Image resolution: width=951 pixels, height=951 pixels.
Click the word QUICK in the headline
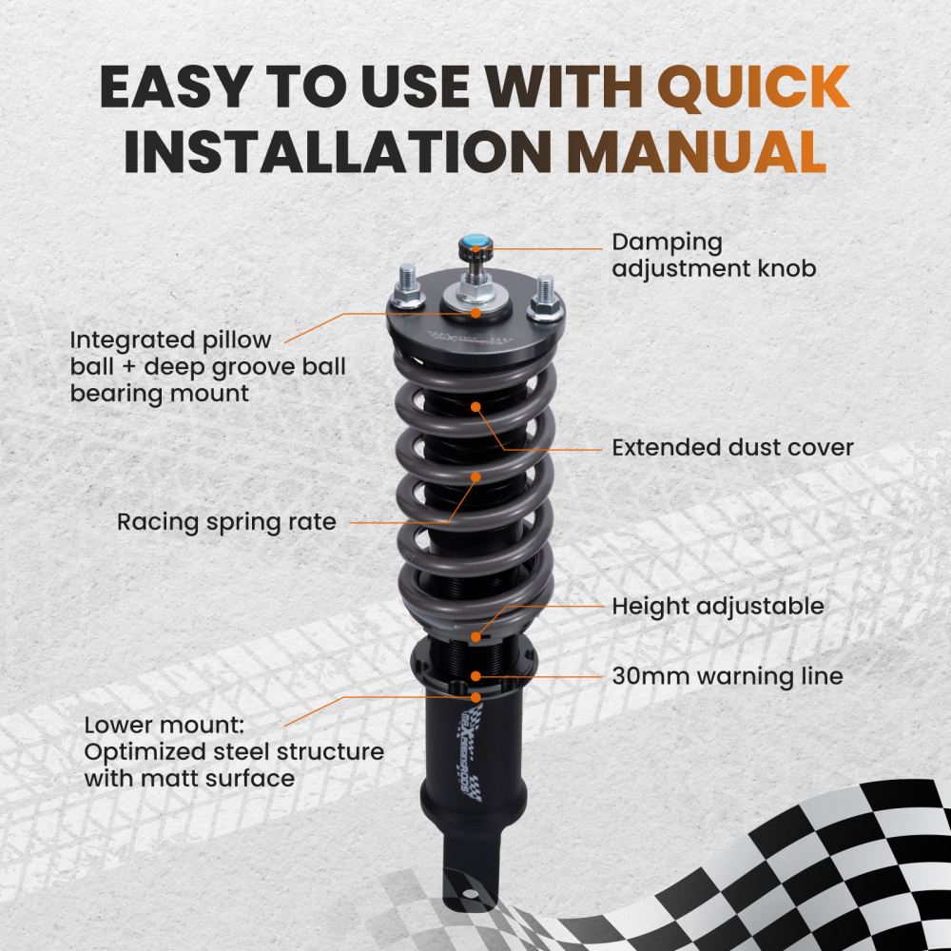tap(753, 87)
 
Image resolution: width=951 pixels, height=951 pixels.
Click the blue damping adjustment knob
tap(475, 243)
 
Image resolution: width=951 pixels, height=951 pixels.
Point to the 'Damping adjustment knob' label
tap(714, 255)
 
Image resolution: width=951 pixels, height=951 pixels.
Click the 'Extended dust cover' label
tap(732, 448)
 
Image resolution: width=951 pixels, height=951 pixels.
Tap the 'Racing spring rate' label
tap(226, 522)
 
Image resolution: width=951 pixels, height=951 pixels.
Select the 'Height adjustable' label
tap(718, 607)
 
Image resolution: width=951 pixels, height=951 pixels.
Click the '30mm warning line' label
tap(728, 676)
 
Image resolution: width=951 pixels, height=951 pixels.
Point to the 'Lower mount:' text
tap(165, 726)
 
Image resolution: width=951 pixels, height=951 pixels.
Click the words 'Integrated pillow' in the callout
tap(170, 340)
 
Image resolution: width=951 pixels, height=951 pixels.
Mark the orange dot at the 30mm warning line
tap(476, 676)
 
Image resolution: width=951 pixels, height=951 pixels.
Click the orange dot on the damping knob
tap(476, 248)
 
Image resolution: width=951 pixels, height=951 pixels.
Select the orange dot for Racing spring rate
tap(475, 477)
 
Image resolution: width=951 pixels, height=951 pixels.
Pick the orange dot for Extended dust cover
tap(475, 407)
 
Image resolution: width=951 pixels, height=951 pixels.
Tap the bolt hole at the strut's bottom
tap(470, 893)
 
